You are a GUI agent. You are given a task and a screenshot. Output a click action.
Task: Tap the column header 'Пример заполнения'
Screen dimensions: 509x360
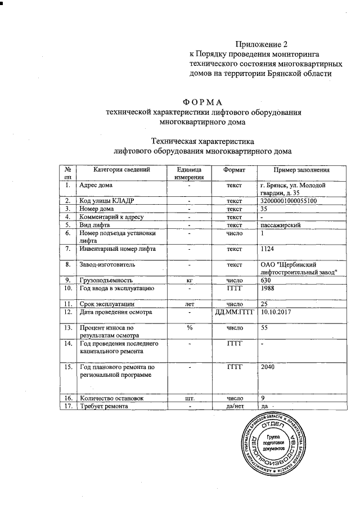click(301, 170)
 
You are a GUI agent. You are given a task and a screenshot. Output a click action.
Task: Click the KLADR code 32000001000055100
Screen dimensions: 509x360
click(289, 201)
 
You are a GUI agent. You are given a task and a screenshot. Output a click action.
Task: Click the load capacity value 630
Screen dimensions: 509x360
click(265, 280)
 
